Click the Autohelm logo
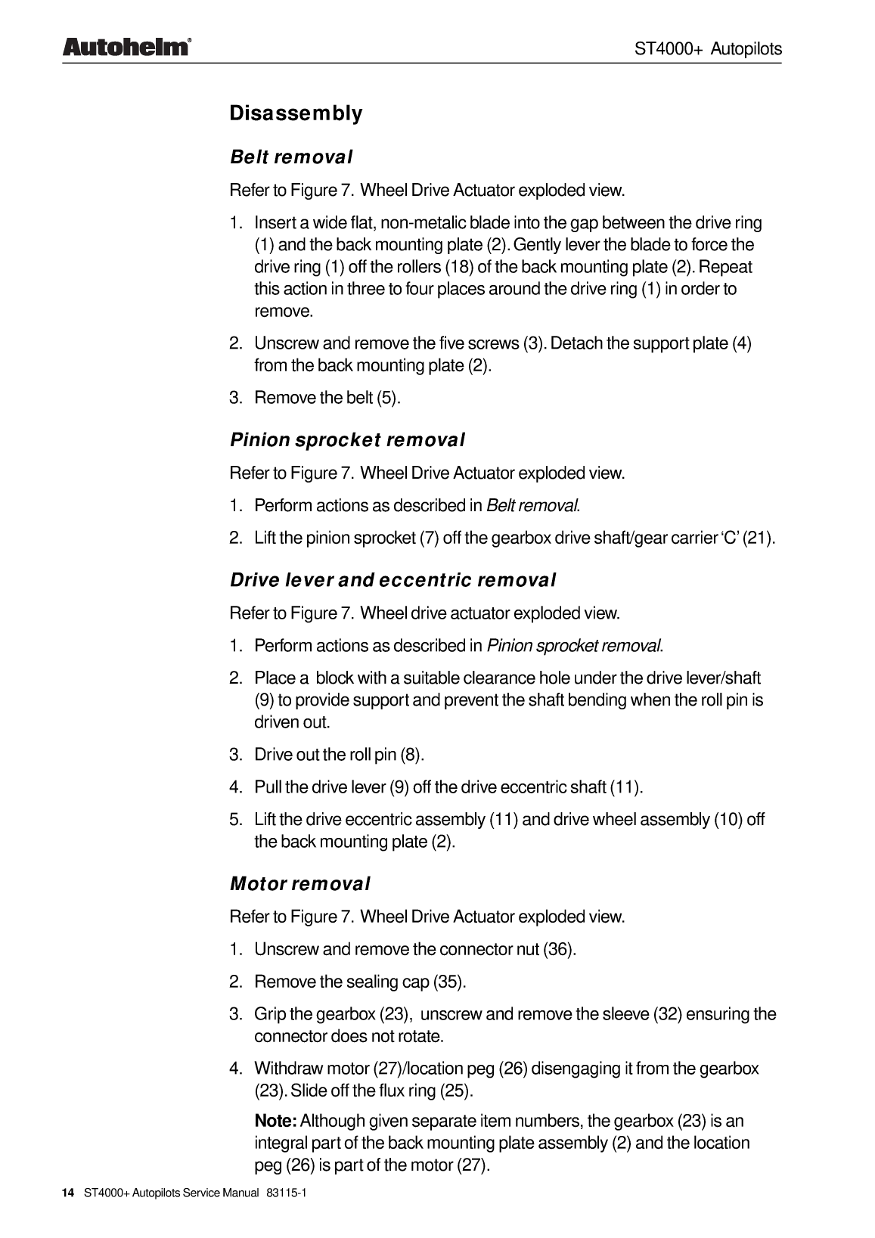click(125, 48)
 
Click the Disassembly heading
click(296, 114)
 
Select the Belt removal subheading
click(291, 157)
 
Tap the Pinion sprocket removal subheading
click(347, 440)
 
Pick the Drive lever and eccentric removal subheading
click(393, 581)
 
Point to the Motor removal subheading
click(299, 884)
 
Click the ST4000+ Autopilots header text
click(707, 49)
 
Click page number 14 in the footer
click(68, 1193)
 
